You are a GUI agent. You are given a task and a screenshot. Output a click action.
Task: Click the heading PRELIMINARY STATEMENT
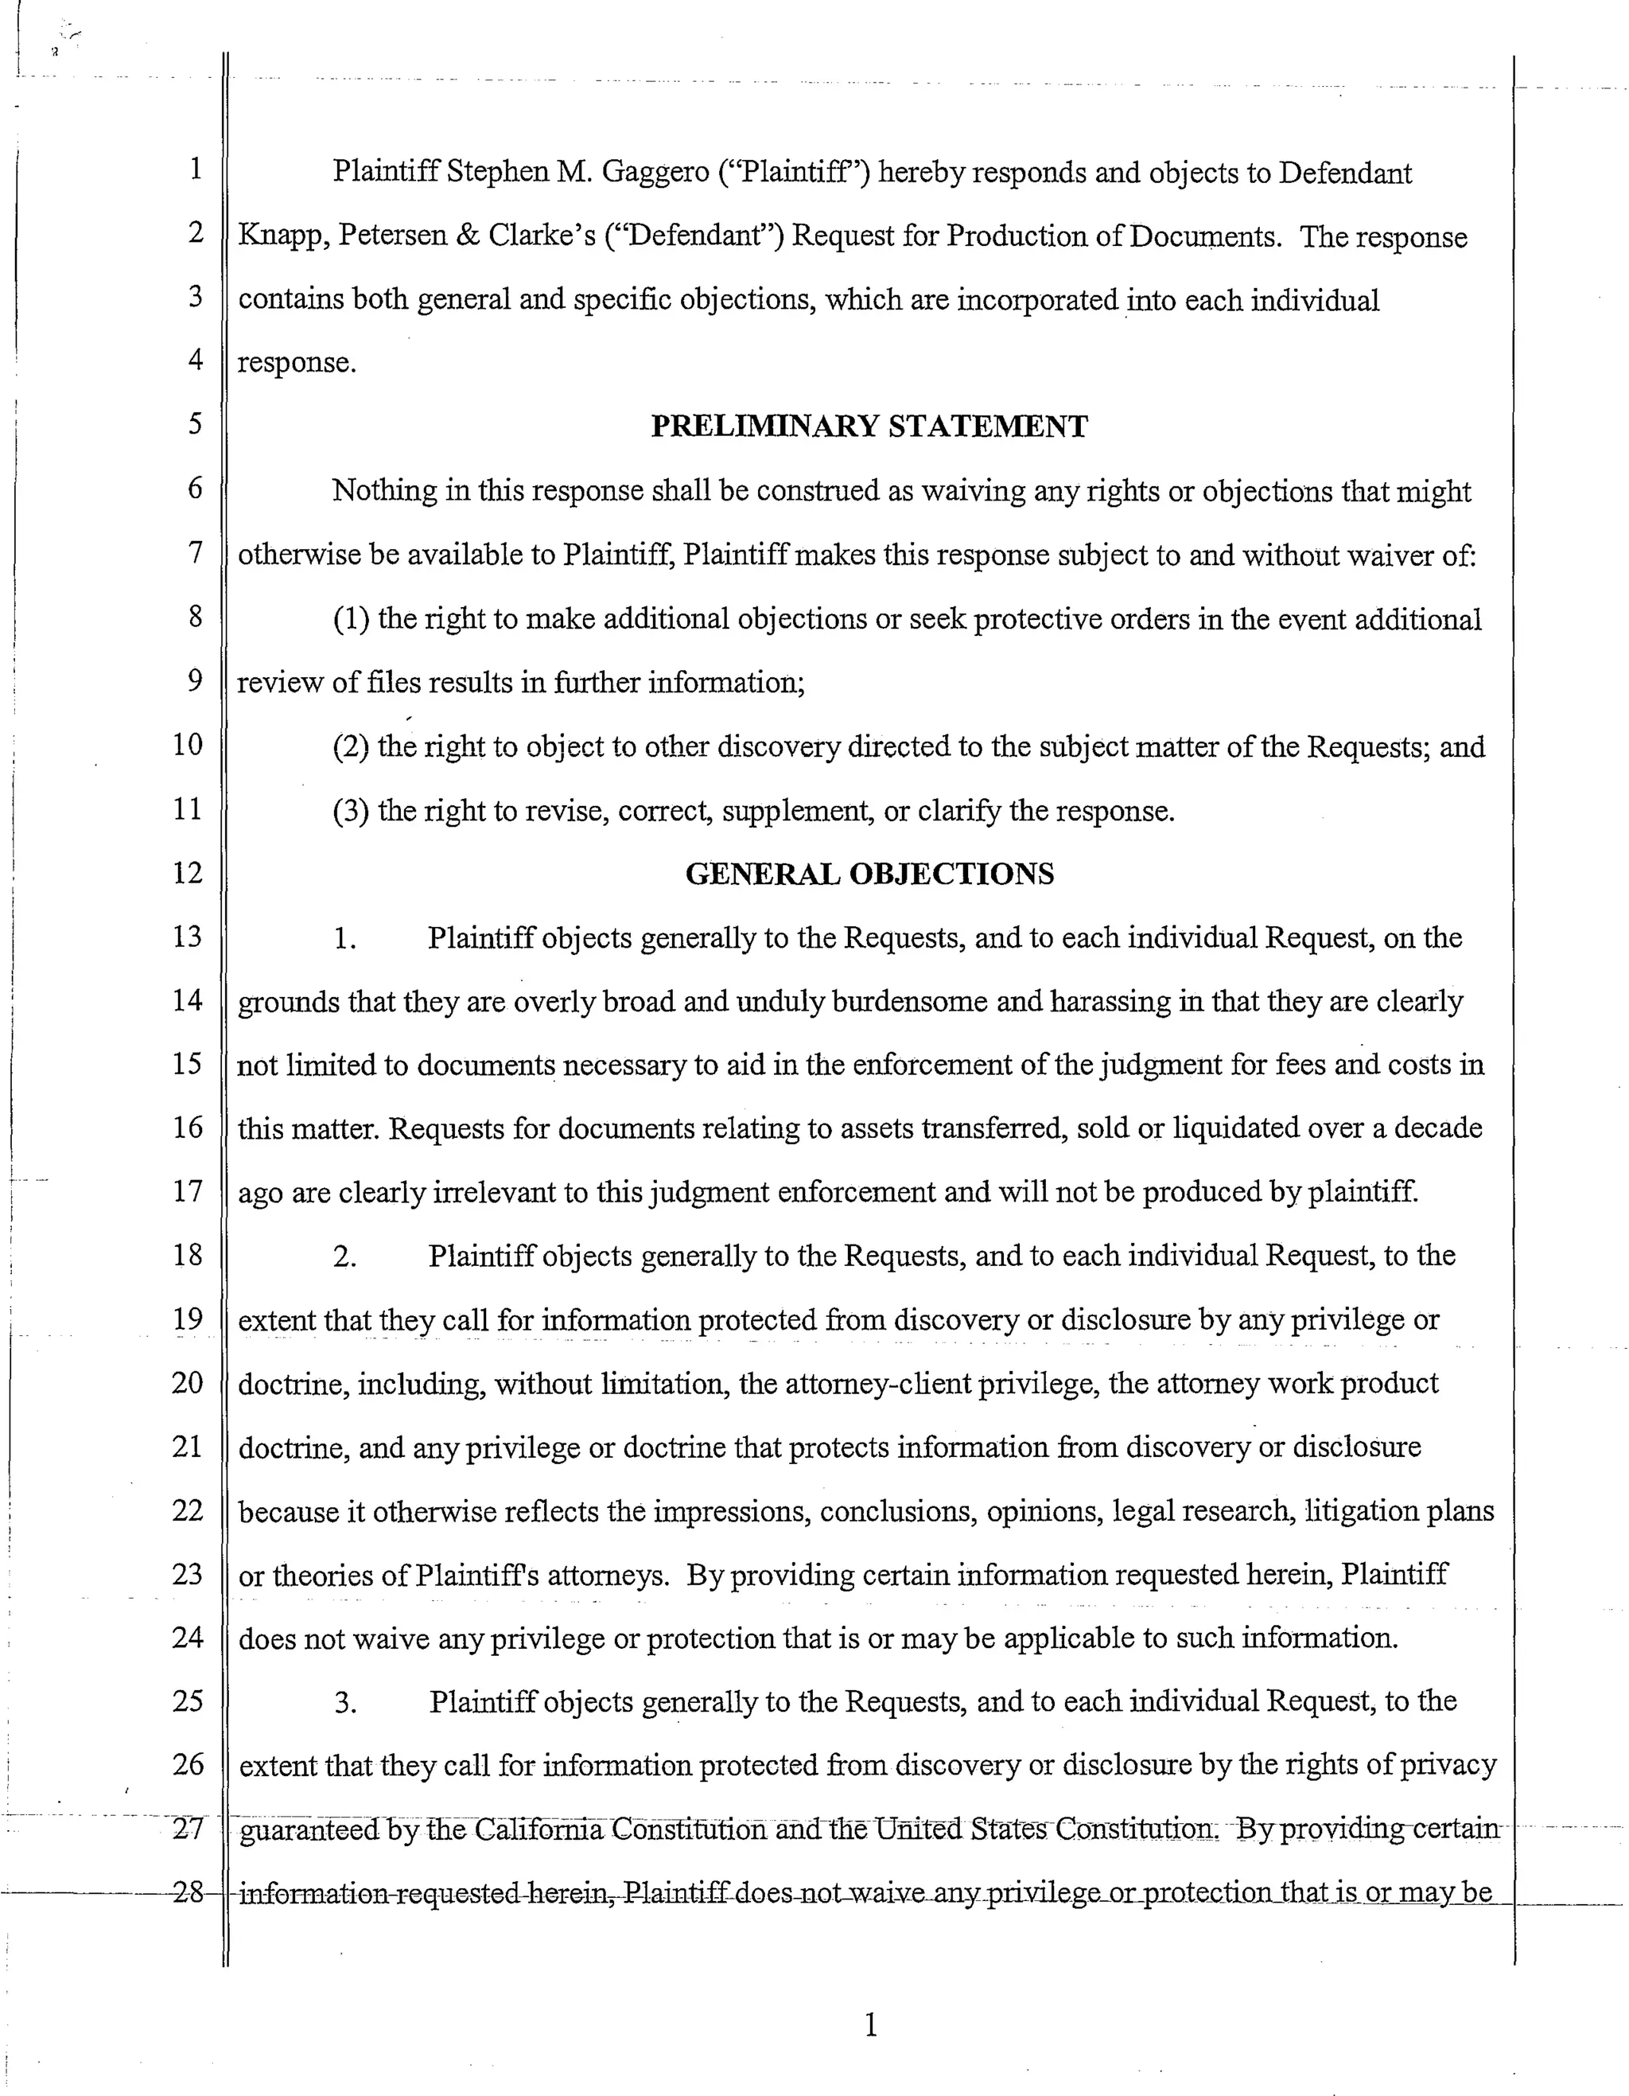click(x=869, y=426)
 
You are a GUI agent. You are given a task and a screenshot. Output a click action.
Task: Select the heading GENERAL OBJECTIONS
click(x=869, y=874)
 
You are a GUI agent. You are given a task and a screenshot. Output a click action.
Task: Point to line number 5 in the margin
click(x=195, y=423)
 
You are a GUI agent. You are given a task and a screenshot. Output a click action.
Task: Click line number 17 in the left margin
click(x=188, y=1191)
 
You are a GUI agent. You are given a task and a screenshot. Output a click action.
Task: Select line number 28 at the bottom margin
click(x=188, y=1891)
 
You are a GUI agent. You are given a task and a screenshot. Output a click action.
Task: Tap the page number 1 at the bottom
click(x=870, y=2025)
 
